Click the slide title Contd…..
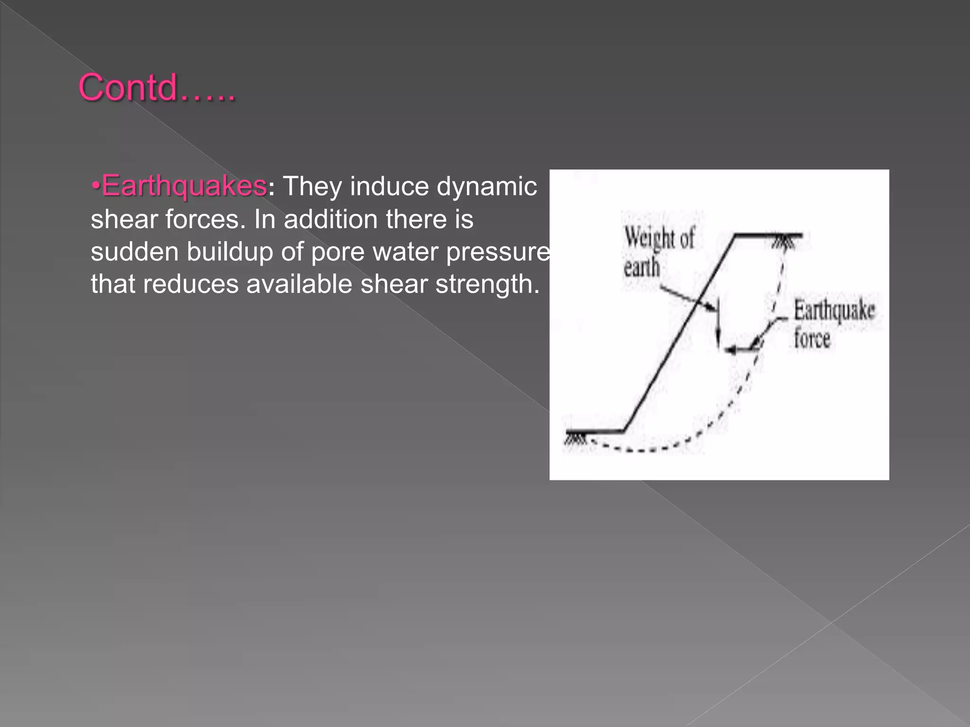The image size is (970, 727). coord(156,88)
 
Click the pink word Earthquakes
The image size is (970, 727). coord(184,186)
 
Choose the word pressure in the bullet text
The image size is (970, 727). coord(498,252)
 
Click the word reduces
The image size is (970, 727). coord(190,284)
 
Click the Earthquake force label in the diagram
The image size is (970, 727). coord(834,325)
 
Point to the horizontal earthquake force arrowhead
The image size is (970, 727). coord(731,350)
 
